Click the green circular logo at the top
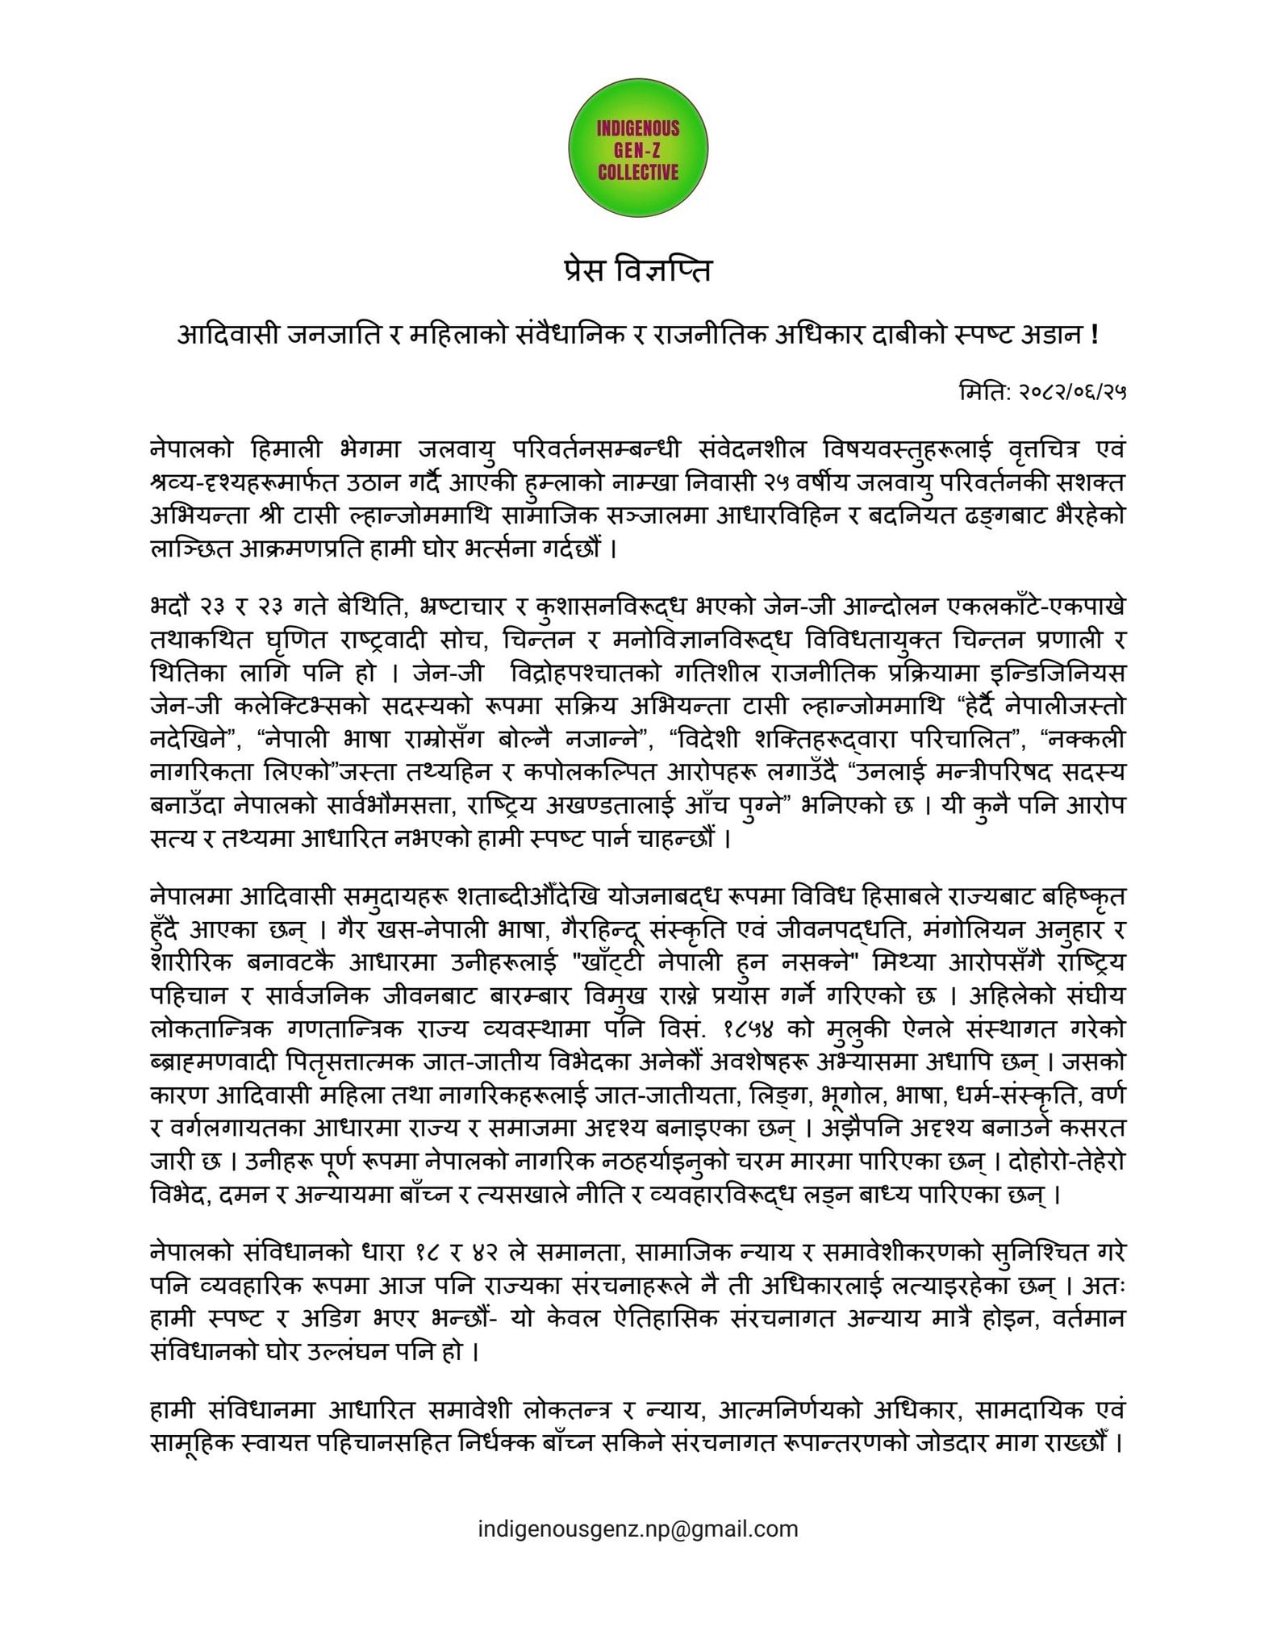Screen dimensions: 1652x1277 coord(638,150)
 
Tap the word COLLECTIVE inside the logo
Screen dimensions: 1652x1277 coord(638,173)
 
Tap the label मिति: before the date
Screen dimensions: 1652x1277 coord(982,394)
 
